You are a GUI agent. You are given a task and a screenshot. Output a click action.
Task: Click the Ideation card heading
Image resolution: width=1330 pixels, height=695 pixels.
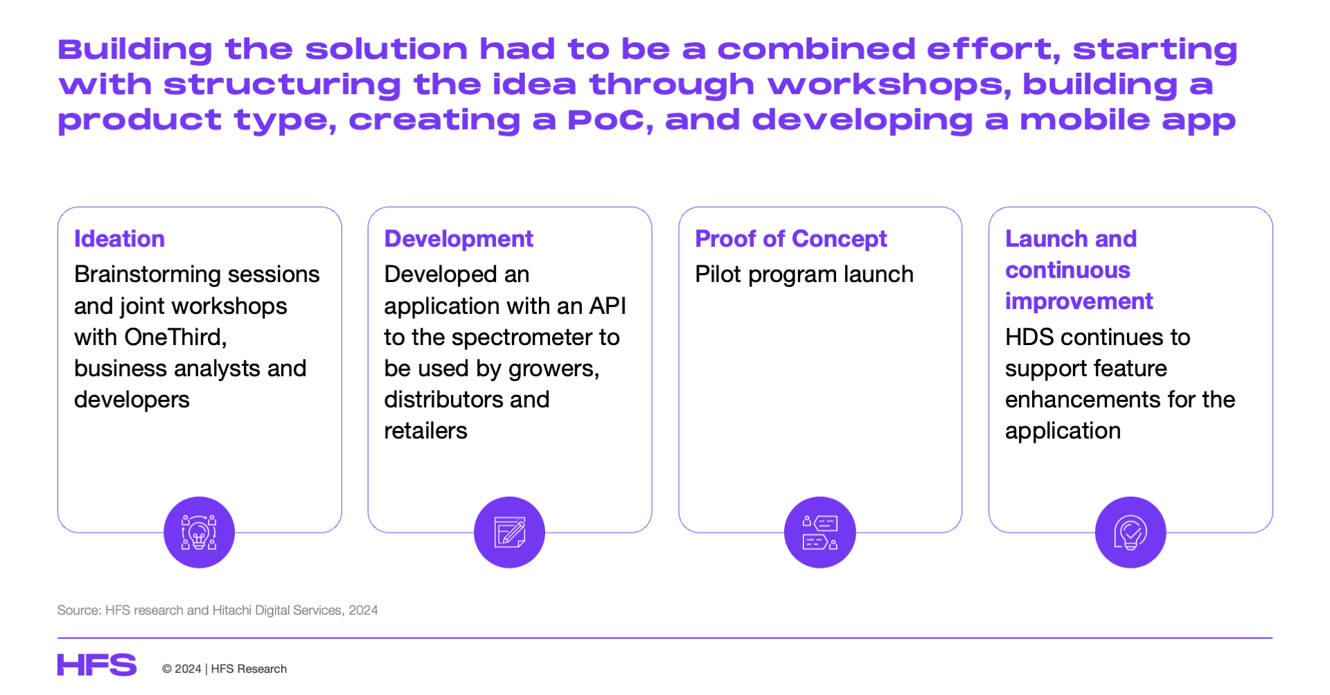pyautogui.click(x=119, y=239)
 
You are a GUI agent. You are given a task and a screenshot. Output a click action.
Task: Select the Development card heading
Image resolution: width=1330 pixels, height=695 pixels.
pyautogui.click(x=459, y=239)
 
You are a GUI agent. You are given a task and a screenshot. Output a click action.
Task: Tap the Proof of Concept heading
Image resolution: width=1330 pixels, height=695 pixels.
pyautogui.click(x=791, y=239)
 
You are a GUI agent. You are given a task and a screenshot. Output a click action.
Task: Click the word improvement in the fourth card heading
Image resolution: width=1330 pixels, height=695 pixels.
pyautogui.click(x=1079, y=301)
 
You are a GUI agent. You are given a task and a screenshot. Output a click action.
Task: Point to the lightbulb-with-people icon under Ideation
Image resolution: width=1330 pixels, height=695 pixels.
pyautogui.click(x=199, y=532)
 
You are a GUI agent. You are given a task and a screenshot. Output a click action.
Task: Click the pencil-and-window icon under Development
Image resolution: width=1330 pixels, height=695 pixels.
pyautogui.click(x=509, y=532)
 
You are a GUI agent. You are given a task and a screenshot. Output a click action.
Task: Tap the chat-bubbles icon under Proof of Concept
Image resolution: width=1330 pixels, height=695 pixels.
pyautogui.click(x=820, y=532)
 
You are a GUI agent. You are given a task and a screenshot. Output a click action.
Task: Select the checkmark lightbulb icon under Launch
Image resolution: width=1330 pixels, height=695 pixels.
pyautogui.click(x=1130, y=532)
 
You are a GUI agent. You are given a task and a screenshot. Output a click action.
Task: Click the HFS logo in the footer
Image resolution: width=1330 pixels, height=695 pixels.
pyautogui.click(x=97, y=665)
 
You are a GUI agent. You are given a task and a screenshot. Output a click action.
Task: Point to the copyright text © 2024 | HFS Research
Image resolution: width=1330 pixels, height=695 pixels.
pyautogui.click(x=224, y=669)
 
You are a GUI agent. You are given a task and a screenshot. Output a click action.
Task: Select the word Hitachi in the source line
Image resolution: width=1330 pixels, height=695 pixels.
pyautogui.click(x=232, y=610)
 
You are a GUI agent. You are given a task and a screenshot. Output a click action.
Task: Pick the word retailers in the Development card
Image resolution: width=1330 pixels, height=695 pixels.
pyautogui.click(x=425, y=431)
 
